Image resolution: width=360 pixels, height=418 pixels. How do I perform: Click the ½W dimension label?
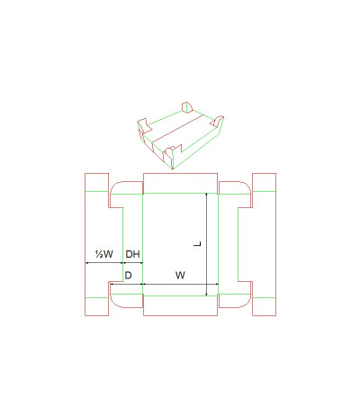click(x=104, y=254)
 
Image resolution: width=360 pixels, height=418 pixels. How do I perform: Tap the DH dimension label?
click(x=132, y=254)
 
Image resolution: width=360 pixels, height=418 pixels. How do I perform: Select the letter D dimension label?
click(x=128, y=276)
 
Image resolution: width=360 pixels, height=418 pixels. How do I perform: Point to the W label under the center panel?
click(x=180, y=275)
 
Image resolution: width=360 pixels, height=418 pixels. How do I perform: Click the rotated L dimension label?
click(x=197, y=243)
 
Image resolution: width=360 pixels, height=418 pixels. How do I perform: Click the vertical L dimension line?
click(x=206, y=244)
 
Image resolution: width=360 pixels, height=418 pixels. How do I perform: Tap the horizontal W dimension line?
click(x=180, y=284)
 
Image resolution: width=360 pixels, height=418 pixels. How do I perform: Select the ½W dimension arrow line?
click(x=104, y=263)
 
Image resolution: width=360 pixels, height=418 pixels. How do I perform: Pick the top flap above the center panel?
click(x=180, y=183)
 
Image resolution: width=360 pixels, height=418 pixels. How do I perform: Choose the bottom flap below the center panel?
click(x=180, y=305)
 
